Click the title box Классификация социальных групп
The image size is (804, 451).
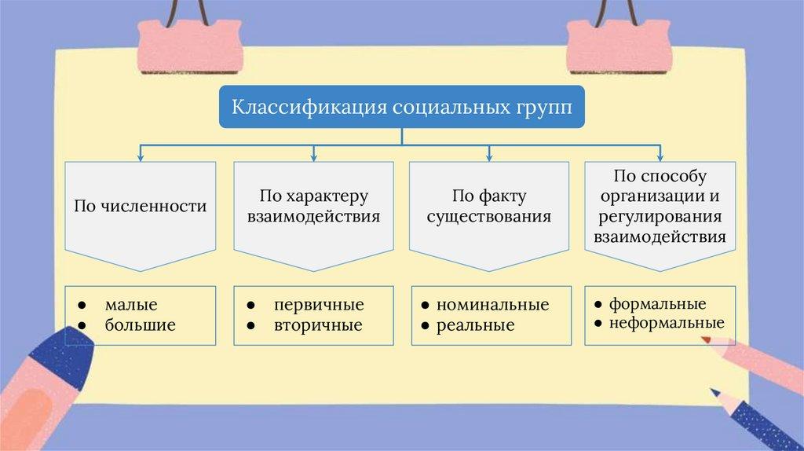click(400, 107)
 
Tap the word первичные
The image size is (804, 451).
click(319, 305)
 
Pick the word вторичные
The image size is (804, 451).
click(318, 324)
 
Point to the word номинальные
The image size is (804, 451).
click(492, 305)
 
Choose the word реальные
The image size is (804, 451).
click(475, 324)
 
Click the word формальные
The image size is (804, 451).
click(658, 303)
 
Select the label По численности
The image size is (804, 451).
click(141, 207)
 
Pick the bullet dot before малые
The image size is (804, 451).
click(82, 304)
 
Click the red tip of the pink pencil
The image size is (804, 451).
click(705, 340)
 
